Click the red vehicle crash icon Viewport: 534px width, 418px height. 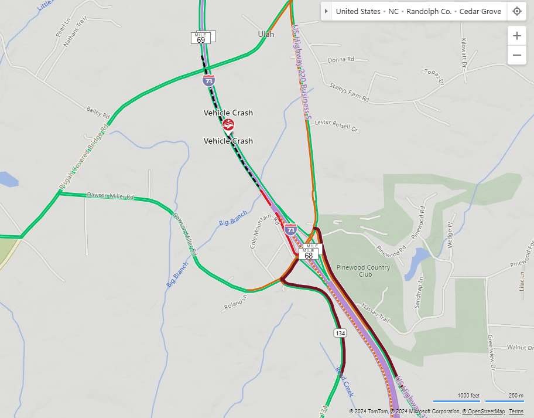point(228,125)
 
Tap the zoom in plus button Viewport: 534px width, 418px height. point(516,36)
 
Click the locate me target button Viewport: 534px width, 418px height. point(516,11)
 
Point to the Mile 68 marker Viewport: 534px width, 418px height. point(309,254)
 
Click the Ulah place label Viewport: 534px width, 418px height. point(266,34)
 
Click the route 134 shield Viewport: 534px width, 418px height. point(340,333)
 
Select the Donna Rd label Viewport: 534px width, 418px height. point(341,60)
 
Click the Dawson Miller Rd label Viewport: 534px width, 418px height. point(111,196)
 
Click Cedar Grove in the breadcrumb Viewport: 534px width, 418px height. point(480,11)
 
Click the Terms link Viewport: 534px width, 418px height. point(516,412)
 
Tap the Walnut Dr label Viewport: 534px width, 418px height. point(520,348)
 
